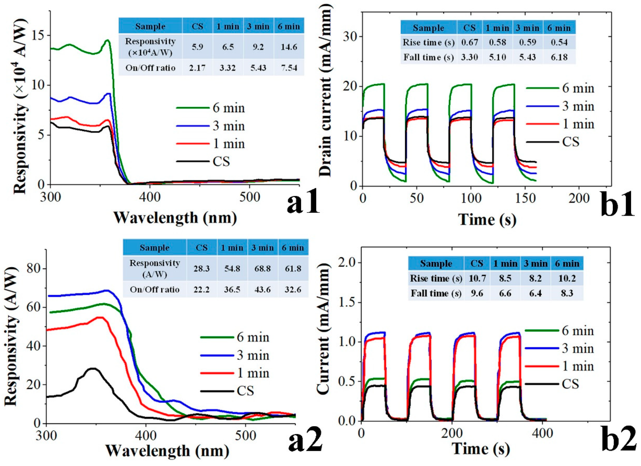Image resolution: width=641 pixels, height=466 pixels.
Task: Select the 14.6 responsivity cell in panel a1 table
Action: click(289, 47)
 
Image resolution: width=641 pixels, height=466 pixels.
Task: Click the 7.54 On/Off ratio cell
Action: click(289, 68)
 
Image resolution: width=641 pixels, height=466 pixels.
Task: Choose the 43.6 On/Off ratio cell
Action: click(262, 289)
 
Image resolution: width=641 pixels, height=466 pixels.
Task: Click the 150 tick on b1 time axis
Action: click(524, 199)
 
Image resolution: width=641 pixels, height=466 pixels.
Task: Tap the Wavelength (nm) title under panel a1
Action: click(175, 218)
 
